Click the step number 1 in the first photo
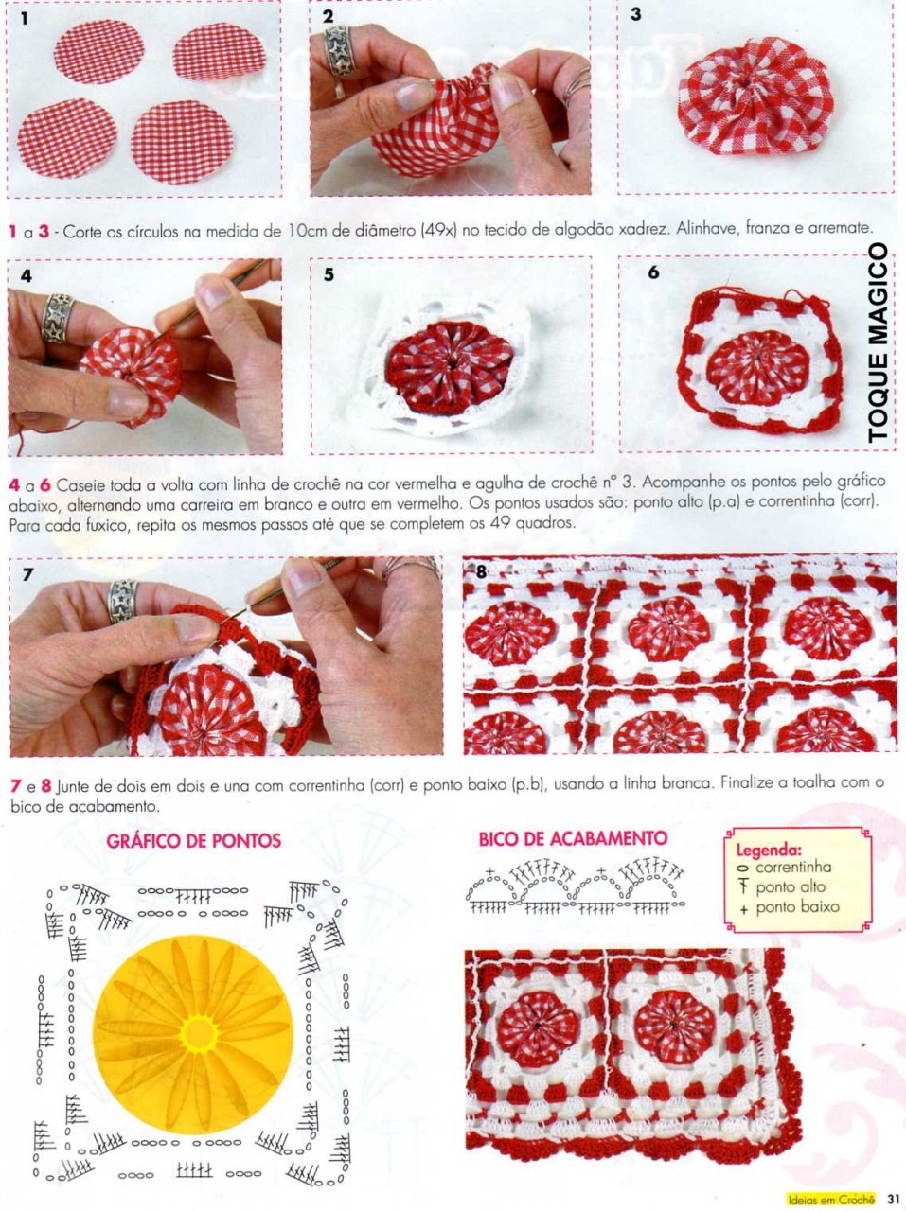pos(24,19)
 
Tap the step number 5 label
pos(329,274)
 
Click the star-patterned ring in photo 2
pos(338,51)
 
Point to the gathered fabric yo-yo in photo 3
pos(755,96)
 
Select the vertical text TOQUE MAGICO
pos(878,343)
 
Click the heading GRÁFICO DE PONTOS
pos(193,840)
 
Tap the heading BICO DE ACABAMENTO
pos(573,838)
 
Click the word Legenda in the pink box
pos(769,850)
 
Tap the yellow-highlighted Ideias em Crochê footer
pos(831,1200)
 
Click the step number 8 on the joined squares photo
pos(481,571)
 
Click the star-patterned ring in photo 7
pos(122,601)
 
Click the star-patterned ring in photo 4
pos(58,317)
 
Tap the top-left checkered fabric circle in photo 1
pos(99,51)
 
